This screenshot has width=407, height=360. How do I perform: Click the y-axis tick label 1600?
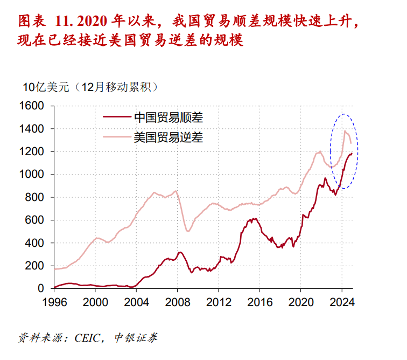33,106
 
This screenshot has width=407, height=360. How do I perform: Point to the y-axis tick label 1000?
33,175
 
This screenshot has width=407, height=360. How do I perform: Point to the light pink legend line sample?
116,137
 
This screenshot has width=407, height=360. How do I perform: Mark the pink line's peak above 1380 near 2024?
345,131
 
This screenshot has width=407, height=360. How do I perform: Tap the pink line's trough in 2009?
188,231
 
